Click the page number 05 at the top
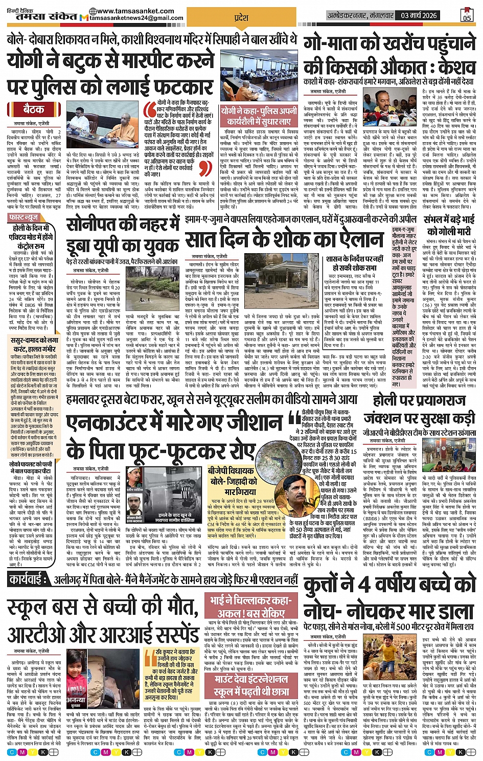[466, 15]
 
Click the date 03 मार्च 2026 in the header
[419, 15]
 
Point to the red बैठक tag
[33, 110]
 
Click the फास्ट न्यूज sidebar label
[24, 217]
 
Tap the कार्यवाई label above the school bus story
[36, 579]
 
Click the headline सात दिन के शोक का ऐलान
[284, 239]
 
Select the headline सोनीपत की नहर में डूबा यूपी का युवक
[123, 236]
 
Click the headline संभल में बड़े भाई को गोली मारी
[449, 225]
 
